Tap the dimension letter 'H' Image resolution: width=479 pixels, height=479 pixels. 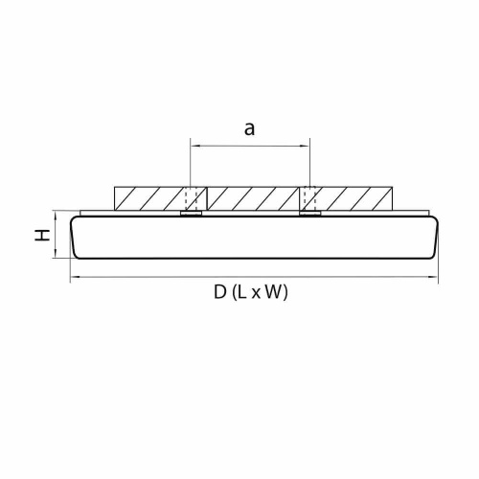click(44, 234)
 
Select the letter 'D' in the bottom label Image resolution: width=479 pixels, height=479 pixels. click(220, 293)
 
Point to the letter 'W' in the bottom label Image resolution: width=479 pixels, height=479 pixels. click(274, 293)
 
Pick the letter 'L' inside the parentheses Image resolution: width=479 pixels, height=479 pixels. click(242, 293)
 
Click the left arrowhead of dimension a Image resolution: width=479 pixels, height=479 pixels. click(194, 147)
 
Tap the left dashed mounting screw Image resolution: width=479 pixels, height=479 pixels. click(192, 198)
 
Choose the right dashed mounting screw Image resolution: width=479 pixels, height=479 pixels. click(308, 198)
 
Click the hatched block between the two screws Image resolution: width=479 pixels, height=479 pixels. click(250, 198)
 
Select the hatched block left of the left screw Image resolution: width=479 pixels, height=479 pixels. click(148, 198)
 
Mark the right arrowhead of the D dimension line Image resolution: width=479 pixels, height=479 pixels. click(436, 279)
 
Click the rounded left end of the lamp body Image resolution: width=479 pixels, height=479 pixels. click(77, 236)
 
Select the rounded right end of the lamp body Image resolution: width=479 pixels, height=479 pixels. click(435, 236)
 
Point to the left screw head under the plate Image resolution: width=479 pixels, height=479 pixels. click(192, 214)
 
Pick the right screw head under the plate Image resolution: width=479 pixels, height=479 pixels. click(308, 214)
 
